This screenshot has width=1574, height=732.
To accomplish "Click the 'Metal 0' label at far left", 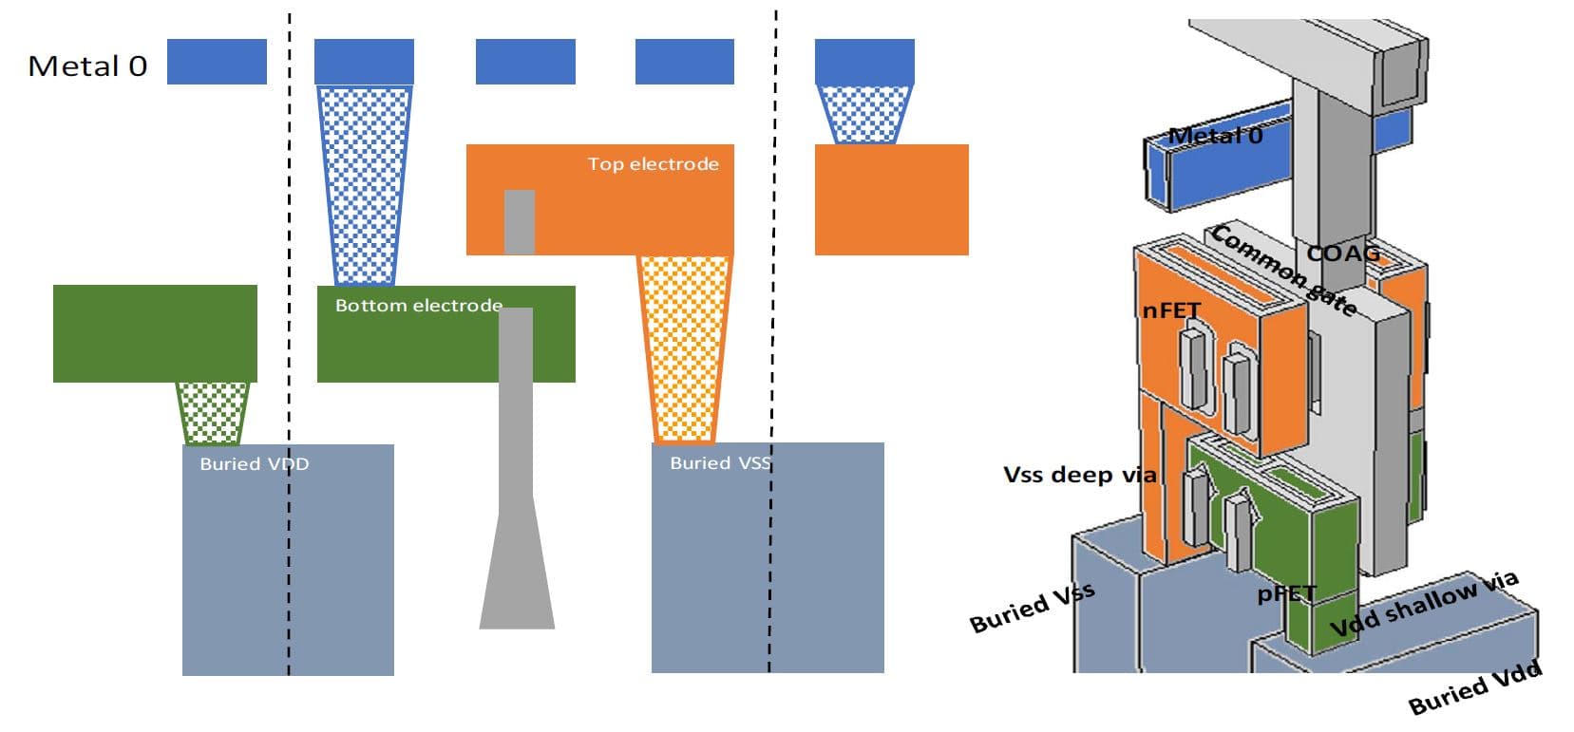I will click(87, 66).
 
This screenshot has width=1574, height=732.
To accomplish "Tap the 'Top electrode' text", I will click(653, 164).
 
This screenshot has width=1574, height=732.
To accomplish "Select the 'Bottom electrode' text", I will click(418, 306).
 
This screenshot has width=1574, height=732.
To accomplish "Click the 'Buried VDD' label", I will click(254, 464).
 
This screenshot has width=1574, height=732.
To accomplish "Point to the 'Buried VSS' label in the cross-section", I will click(720, 463).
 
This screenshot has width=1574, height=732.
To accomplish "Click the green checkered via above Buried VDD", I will click(213, 413).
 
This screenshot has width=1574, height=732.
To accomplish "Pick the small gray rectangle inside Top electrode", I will click(519, 221).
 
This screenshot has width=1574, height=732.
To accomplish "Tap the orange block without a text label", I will click(891, 199).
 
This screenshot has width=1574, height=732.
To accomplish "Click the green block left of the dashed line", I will click(155, 333).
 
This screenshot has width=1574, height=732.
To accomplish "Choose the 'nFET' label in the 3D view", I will click(1171, 310).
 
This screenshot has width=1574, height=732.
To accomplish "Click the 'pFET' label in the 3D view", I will click(1287, 594).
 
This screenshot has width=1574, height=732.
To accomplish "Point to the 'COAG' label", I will click(1342, 253).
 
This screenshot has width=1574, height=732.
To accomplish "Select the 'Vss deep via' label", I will click(1079, 474).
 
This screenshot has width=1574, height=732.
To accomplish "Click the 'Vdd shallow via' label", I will click(1423, 604).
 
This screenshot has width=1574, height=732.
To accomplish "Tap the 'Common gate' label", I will click(1282, 270).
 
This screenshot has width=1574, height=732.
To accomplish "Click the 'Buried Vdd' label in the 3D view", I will click(1474, 688).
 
